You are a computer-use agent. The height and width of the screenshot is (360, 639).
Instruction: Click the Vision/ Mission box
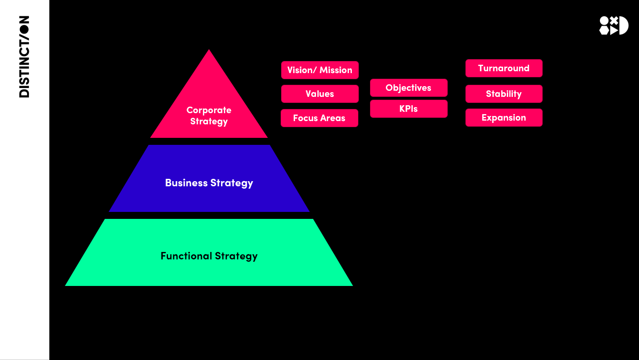click(x=320, y=70)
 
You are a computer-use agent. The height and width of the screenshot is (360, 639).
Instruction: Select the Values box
click(x=320, y=94)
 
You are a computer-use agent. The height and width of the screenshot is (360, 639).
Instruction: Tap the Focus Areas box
click(x=319, y=118)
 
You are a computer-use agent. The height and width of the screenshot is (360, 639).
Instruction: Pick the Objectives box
click(x=409, y=88)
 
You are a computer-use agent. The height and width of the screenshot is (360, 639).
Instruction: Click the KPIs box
click(x=409, y=109)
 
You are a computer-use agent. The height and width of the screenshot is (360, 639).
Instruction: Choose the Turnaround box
click(x=504, y=68)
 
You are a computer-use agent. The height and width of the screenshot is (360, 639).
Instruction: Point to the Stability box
click(x=504, y=94)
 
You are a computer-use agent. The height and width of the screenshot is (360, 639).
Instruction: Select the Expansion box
click(x=504, y=118)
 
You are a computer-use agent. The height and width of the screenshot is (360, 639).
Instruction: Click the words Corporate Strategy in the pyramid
click(x=209, y=116)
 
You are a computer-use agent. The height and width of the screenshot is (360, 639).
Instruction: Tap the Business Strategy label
click(x=209, y=183)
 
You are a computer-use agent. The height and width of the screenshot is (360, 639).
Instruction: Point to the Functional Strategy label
click(x=209, y=256)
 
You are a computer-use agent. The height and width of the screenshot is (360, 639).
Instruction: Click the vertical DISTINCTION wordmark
click(x=24, y=56)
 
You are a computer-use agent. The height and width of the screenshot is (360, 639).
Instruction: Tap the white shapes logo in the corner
click(x=613, y=26)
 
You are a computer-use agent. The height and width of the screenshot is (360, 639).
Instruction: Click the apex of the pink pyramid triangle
click(x=209, y=51)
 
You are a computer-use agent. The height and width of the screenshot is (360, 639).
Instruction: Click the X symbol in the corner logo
click(x=614, y=20)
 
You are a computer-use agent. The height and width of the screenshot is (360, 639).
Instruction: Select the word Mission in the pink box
click(x=336, y=70)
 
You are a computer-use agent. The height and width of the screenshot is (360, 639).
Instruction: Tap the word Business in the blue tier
click(x=186, y=183)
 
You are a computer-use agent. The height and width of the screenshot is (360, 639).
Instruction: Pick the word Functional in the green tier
click(x=186, y=256)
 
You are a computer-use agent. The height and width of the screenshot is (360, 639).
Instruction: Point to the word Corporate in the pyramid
click(x=209, y=110)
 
